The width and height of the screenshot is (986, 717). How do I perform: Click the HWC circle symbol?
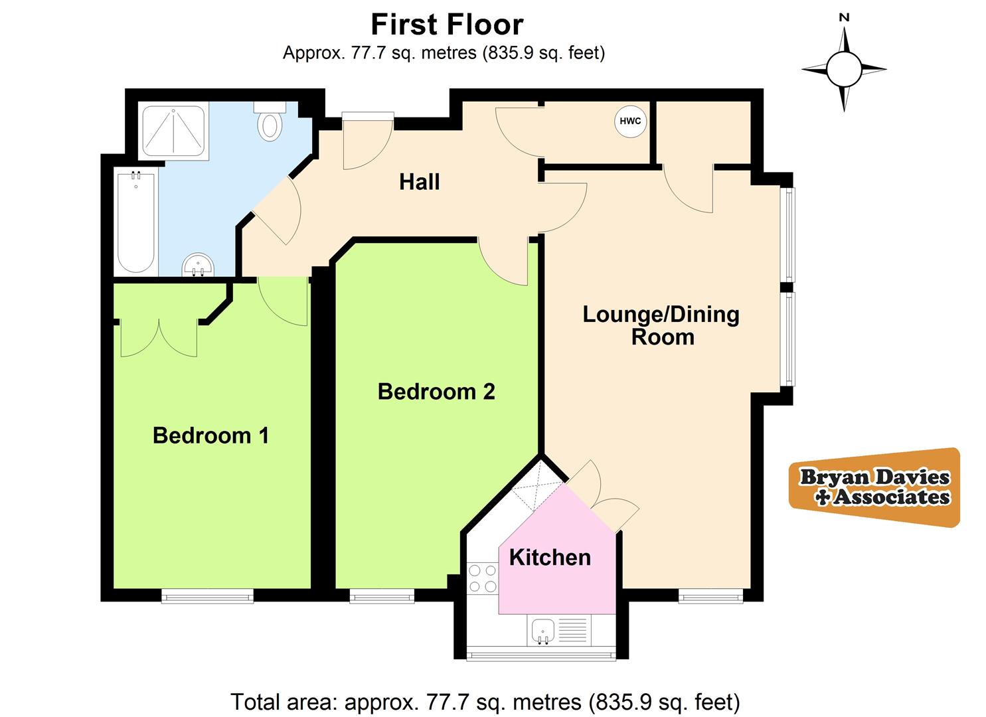(630, 121)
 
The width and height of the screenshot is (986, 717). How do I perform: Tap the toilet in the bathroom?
(270, 121)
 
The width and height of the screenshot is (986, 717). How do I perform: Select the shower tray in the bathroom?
(173, 130)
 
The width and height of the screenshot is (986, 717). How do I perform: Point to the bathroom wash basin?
(198, 265)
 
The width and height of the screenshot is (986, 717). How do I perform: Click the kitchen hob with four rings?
(483, 578)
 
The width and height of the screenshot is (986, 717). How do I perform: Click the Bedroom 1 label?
(210, 436)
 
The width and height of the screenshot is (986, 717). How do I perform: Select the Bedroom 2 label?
(436, 392)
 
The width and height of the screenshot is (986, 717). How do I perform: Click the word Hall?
(419, 182)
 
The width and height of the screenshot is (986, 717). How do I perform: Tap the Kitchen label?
(550, 557)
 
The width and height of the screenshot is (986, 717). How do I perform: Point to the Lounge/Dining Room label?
(661, 325)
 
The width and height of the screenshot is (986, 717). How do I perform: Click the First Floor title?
(447, 25)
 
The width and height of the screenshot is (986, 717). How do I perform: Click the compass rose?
(844, 68)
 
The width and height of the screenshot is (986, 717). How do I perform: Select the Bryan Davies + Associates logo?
(874, 487)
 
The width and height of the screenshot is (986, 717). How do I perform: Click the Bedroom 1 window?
(207, 596)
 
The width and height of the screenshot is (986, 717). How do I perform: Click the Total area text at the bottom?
(485, 702)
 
